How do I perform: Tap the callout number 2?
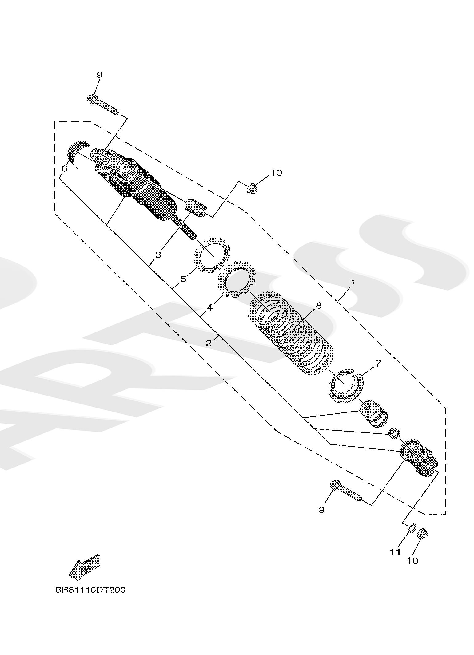(209, 343)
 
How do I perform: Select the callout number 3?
(158, 255)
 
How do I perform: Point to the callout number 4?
(210, 307)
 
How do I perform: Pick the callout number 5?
(183, 279)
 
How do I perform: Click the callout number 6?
(64, 169)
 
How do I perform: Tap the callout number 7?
(378, 364)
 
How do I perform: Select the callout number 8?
(318, 306)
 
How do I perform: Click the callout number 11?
(396, 552)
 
